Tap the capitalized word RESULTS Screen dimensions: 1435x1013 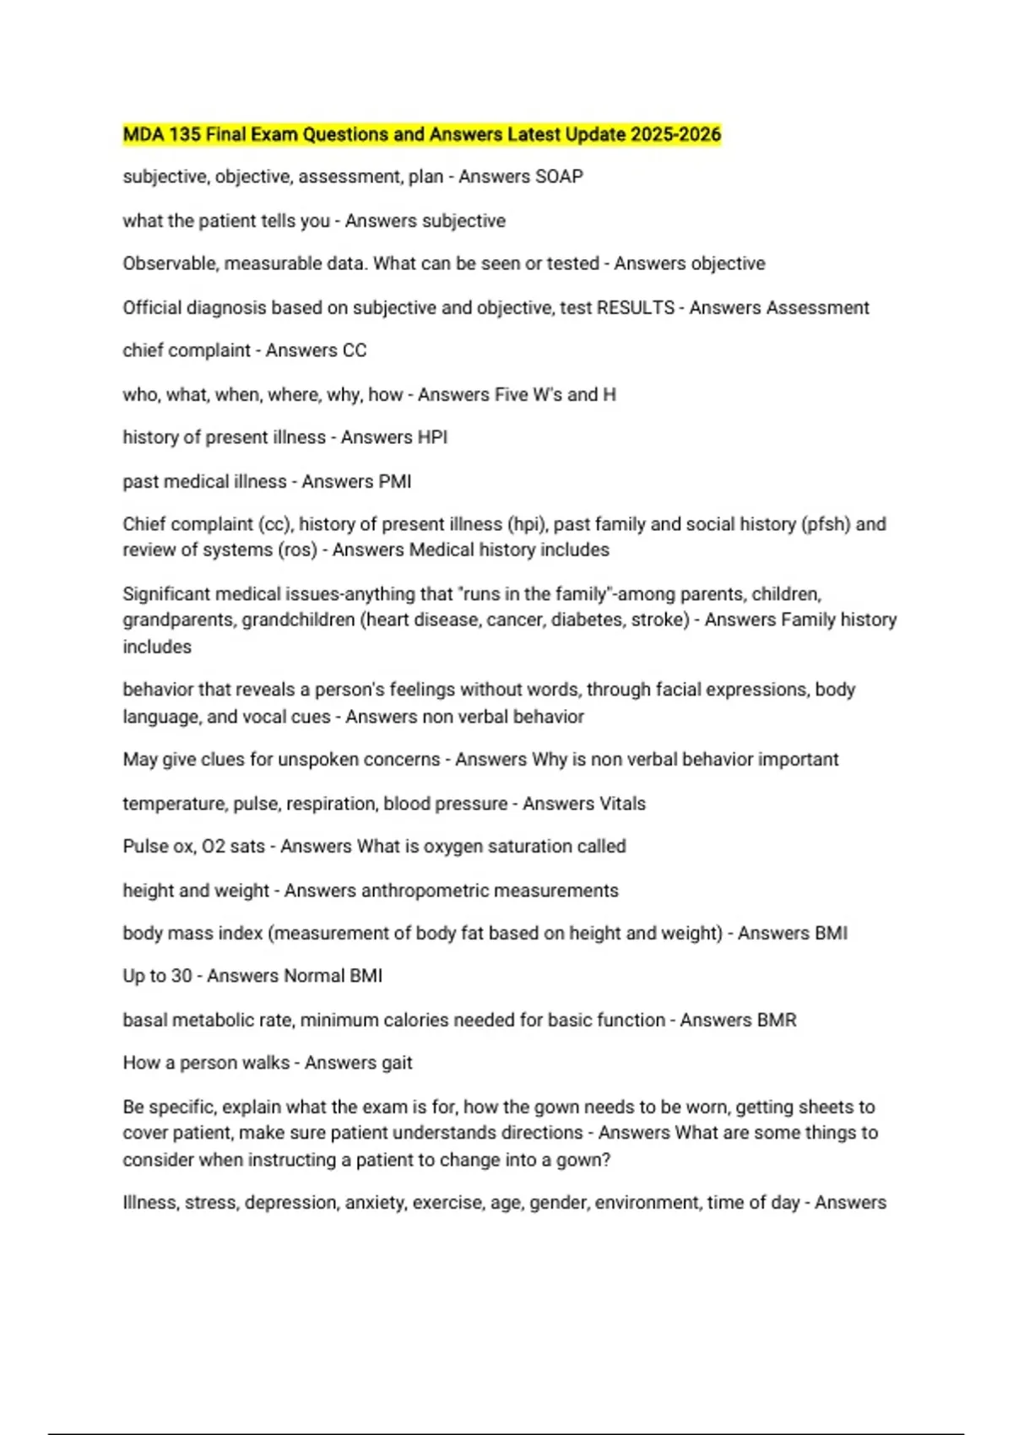coord(635,308)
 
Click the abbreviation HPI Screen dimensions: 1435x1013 coord(433,437)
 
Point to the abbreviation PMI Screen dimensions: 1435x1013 coord(395,482)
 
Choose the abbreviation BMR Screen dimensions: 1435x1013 coord(777,1021)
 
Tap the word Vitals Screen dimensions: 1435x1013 coord(621,804)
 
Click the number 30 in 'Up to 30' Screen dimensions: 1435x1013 coord(181,977)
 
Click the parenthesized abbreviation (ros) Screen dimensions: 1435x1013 coord(297,550)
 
